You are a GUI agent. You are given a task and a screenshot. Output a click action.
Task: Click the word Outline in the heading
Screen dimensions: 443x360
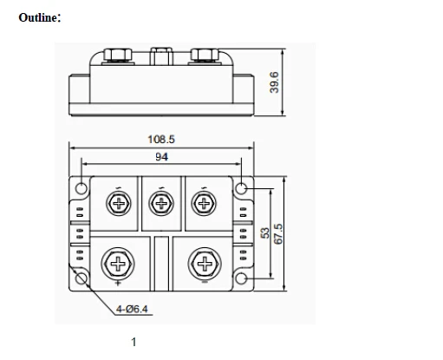(x=38, y=17)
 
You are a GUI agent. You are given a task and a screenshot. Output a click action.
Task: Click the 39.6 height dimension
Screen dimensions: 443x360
(x=274, y=82)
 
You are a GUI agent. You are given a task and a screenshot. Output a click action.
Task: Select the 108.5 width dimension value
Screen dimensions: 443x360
(x=161, y=140)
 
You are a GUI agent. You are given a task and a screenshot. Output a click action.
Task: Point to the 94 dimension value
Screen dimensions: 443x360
(x=161, y=157)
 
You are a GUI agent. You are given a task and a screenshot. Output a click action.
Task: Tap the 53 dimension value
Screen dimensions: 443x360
(x=265, y=233)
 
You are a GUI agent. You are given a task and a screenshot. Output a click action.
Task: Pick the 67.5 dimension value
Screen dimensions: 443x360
(x=278, y=234)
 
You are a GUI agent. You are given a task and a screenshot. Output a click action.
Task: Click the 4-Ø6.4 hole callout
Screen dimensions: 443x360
(x=132, y=309)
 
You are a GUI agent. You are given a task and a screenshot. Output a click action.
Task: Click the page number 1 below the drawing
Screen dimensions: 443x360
(x=134, y=342)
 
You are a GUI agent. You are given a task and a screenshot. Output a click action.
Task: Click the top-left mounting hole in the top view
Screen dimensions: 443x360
(x=81, y=188)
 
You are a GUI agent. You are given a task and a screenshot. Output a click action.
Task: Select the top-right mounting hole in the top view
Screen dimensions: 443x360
(x=241, y=188)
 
